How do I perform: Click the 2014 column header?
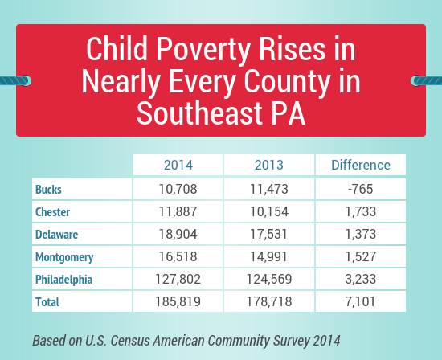coord(178,165)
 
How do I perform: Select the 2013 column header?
coord(269,165)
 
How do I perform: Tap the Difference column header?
coord(361,165)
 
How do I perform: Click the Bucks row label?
coord(48,190)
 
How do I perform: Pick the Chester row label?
coord(52,212)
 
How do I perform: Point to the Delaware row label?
coord(57,235)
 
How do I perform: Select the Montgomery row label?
coord(64,257)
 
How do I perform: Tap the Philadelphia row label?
coord(63,280)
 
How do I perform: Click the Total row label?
coord(47,302)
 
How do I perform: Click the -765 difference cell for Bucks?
coord(361,189)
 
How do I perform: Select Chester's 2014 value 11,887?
coord(178,211)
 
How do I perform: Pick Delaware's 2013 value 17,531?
coord(269,235)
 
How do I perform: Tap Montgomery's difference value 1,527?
coord(361,256)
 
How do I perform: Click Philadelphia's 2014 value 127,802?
coord(178,279)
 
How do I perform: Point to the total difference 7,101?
coord(361,301)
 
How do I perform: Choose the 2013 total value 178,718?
coord(269,301)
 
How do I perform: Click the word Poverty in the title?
coord(203,50)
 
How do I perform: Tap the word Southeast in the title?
coord(200,112)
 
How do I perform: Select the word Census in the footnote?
coord(130,341)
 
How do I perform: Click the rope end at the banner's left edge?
coord(15,80)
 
